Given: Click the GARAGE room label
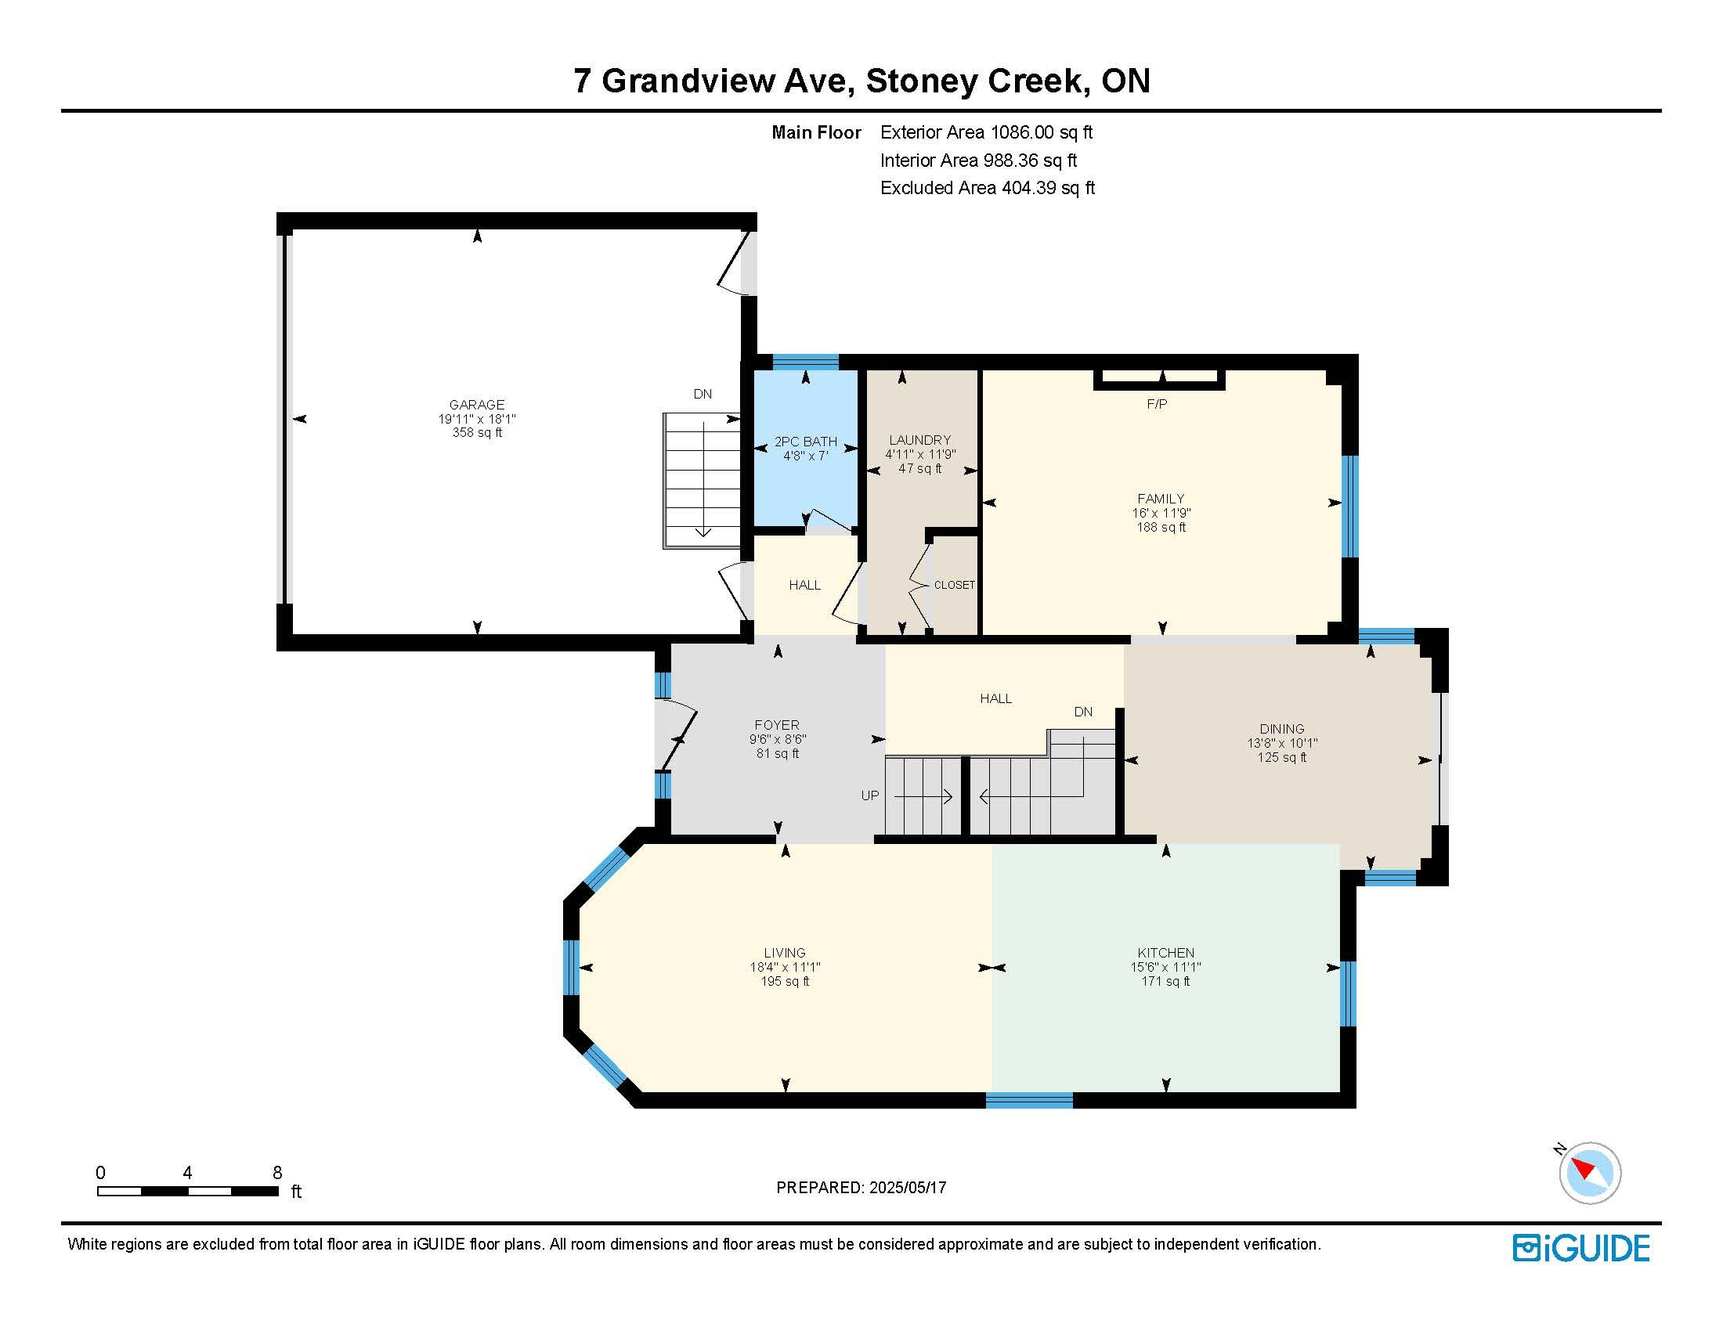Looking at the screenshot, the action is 476,405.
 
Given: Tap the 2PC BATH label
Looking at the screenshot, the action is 805,442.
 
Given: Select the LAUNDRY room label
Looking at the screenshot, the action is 920,440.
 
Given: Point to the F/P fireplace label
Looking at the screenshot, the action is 1157,405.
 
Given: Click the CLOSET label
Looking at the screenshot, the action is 955,585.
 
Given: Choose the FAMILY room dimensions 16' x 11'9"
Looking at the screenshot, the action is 1161,513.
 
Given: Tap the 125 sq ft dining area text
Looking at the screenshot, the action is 1282,757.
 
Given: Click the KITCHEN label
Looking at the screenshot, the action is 1166,953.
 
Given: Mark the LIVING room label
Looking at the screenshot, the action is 784,953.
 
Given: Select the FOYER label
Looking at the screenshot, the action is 777,725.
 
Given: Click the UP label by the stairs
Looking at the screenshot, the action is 869,795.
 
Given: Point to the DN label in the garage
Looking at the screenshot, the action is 703,395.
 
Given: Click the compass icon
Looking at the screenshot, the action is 1589,1173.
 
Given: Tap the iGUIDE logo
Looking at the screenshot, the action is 1581,1248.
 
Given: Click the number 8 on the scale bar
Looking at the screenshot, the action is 277,1173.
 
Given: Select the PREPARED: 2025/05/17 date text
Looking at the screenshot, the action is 861,1188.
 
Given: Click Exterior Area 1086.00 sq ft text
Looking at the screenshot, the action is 986,132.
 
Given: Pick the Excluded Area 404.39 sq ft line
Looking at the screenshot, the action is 988,188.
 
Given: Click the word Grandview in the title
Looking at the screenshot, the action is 689,81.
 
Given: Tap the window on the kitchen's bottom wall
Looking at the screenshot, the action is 1030,1100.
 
